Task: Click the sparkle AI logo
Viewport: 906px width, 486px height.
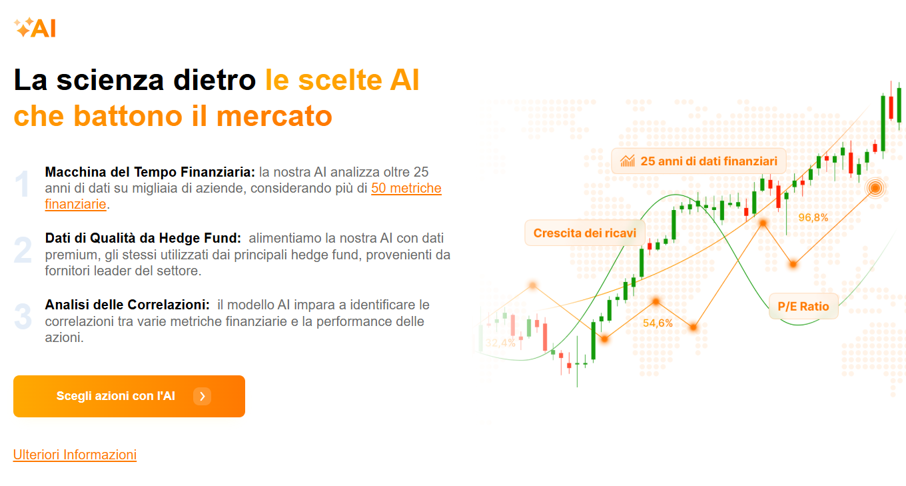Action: pyautogui.click(x=35, y=27)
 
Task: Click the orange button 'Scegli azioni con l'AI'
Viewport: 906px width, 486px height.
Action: pyautogui.click(x=129, y=396)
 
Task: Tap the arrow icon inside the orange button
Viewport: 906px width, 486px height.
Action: pyautogui.click(x=203, y=396)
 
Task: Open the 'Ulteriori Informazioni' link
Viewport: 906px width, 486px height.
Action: pyautogui.click(x=75, y=455)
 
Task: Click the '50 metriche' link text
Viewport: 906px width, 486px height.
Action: pyautogui.click(x=406, y=188)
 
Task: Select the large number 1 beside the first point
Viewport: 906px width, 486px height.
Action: pyautogui.click(x=22, y=184)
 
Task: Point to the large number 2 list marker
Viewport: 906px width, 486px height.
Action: pyautogui.click(x=23, y=250)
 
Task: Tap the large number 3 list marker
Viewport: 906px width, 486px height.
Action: pyautogui.click(x=23, y=317)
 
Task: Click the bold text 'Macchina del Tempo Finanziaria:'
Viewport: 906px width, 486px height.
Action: pyautogui.click(x=150, y=172)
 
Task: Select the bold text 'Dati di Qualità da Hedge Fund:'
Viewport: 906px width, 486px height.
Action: pyautogui.click(x=143, y=238)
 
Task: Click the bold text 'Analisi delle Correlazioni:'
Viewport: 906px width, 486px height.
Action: pyautogui.click(x=127, y=305)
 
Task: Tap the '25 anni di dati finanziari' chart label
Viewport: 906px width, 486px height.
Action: pyautogui.click(x=699, y=161)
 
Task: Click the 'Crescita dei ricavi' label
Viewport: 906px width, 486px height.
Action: pyautogui.click(x=584, y=233)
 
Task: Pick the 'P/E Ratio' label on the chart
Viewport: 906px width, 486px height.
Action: pyautogui.click(x=803, y=306)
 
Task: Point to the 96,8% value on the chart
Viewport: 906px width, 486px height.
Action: pyautogui.click(x=813, y=218)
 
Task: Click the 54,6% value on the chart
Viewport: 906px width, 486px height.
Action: pyautogui.click(x=658, y=323)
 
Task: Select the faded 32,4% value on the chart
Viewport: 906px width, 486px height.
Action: pyautogui.click(x=500, y=343)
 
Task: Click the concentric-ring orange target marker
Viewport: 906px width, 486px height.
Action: pyautogui.click(x=875, y=188)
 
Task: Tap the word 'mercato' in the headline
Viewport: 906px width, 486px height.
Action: pyautogui.click(x=274, y=116)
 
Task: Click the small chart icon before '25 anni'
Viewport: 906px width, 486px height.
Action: pyautogui.click(x=628, y=161)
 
